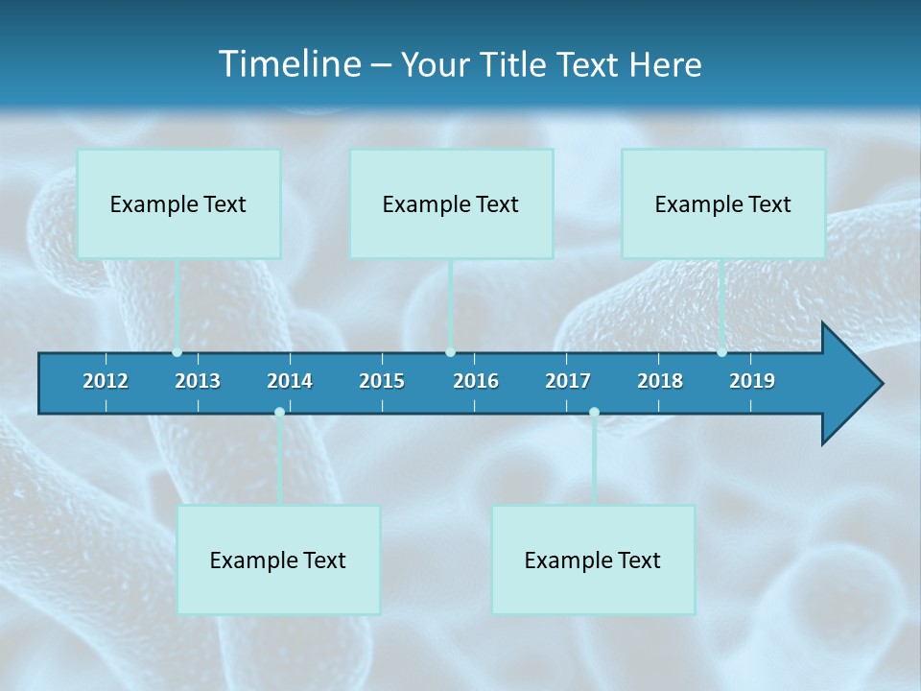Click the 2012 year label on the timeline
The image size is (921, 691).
106,381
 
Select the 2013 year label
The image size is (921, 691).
198,381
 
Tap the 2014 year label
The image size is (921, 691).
290,381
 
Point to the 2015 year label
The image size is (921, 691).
382,381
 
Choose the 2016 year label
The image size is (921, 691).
476,381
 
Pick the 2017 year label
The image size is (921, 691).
568,381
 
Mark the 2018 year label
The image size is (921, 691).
660,381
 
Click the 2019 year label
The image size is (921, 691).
752,381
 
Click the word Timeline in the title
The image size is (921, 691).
289,64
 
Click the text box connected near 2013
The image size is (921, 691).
178,203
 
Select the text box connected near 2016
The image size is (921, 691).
451,203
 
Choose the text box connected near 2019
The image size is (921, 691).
723,203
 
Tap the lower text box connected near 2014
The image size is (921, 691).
278,560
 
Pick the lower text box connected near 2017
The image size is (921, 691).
593,560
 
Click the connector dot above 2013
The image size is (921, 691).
177,352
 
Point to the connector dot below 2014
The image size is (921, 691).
279,413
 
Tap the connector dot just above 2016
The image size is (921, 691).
450,352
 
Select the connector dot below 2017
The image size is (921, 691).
594,413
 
